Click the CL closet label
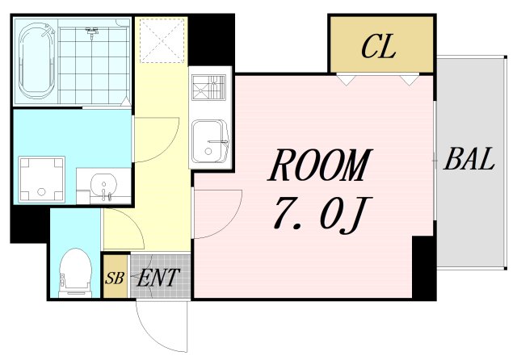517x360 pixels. pos(379,47)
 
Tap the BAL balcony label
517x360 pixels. pos(469,159)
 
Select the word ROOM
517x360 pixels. pos(321,165)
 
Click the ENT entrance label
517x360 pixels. pos(158,278)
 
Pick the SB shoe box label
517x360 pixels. pos(115,278)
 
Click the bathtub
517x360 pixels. pos(36,61)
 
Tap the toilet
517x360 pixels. pos(75,273)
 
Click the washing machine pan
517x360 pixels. pos(41,179)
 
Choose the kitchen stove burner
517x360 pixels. pos(209,87)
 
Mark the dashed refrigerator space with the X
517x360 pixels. pos(162,40)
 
